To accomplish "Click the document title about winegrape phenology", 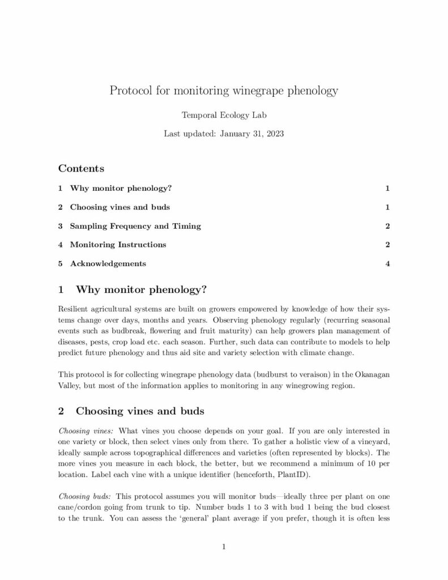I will [x=224, y=91].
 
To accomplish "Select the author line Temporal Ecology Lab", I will [x=224, y=115].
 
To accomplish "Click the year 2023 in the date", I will [x=273, y=134].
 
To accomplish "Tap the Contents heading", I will [x=81, y=168].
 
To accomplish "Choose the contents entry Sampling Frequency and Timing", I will [x=135, y=226].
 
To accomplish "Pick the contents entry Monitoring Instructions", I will [x=118, y=245].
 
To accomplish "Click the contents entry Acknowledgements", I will [x=108, y=263].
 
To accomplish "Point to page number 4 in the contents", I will [x=387, y=263].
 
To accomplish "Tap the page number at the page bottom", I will [x=224, y=547].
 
